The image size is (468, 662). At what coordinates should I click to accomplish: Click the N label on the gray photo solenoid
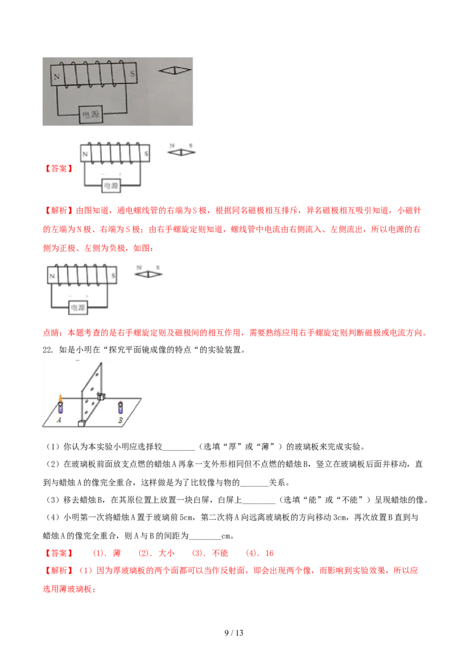coord(57,76)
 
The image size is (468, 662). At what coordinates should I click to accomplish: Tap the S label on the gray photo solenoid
coord(132,74)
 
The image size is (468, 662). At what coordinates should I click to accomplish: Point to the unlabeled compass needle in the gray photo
coord(175,70)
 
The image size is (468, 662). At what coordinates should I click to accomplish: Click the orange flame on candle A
coord(60,399)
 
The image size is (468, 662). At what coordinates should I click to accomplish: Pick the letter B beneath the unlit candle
coord(120,419)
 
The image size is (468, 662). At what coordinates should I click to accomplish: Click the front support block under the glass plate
coord(81,423)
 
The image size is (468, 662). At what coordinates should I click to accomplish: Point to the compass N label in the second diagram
coord(172,144)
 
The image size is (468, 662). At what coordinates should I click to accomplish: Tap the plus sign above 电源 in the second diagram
coord(120,175)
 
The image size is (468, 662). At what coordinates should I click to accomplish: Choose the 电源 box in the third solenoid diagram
coord(77,308)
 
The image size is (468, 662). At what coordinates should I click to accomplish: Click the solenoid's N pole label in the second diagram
coord(85,154)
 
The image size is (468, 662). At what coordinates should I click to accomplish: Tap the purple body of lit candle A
coord(60,409)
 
